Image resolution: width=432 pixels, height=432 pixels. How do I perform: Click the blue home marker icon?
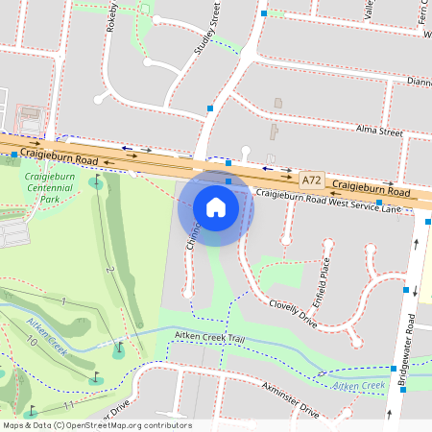coord(216,206)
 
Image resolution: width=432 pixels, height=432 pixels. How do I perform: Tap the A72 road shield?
coord(310,180)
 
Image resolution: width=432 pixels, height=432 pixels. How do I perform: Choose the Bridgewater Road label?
coord(410,340)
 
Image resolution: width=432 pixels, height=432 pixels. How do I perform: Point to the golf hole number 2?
coord(111,271)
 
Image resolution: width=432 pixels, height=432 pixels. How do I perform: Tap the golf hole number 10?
coord(32,341)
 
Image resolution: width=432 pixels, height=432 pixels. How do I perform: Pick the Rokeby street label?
coord(111,17)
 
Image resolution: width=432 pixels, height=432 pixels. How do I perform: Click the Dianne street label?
coord(420,82)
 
